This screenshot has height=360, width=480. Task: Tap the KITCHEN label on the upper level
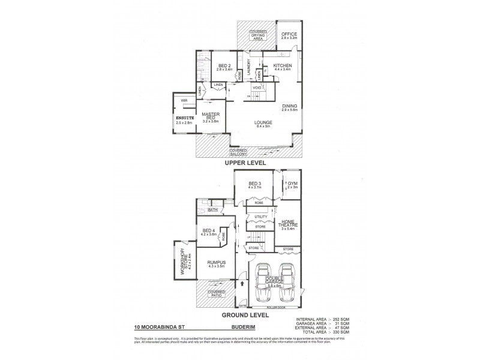coord(282,65)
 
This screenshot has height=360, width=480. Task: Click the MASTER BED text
coord(210,116)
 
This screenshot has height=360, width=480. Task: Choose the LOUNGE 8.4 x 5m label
coord(260,124)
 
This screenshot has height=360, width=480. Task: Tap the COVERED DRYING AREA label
coord(258,35)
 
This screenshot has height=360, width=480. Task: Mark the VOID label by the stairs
coord(257,88)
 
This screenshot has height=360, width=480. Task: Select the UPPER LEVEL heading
coord(245,163)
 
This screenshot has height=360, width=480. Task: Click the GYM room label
coord(293,183)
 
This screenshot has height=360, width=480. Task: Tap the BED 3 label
coord(255,184)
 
